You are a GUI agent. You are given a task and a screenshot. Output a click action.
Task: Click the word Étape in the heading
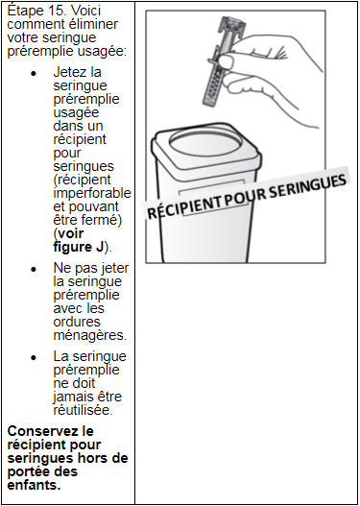[22, 12]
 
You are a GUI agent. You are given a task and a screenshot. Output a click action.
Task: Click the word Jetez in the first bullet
[68, 73]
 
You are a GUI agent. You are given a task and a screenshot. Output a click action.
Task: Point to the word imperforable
[92, 194]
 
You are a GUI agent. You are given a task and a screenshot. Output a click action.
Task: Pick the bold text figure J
[78, 247]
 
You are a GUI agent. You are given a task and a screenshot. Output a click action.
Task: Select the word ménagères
[89, 336]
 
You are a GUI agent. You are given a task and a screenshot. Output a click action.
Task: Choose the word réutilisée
[83, 411]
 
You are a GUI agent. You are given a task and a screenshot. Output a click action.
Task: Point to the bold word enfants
[34, 485]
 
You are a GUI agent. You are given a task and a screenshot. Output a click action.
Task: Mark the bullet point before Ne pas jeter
[34, 270]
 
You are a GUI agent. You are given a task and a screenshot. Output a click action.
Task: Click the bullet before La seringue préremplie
[34, 358]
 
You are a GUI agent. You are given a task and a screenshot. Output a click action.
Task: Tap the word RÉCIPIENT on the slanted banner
[183, 205]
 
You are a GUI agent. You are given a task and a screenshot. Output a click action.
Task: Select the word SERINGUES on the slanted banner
[309, 185]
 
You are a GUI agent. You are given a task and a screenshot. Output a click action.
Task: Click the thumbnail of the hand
[228, 60]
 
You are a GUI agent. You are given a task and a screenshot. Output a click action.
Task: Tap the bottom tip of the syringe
[207, 103]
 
